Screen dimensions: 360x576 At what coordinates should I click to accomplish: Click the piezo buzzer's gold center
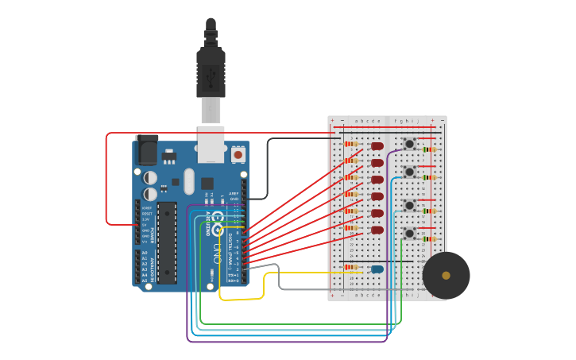click(x=446, y=276)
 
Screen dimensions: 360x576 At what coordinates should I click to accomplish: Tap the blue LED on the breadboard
click(x=377, y=269)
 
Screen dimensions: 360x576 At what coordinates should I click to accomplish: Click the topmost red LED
click(x=377, y=146)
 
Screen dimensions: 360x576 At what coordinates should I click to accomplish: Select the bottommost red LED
click(x=377, y=230)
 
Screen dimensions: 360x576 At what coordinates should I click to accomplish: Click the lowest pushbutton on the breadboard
click(x=409, y=233)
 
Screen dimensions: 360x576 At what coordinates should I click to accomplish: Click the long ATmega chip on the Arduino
click(x=167, y=242)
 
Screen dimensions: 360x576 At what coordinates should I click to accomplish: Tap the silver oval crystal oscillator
click(x=188, y=181)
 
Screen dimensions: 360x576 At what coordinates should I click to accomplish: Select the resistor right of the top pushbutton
click(x=430, y=149)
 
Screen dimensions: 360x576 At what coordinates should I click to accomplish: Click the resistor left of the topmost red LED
click(x=351, y=144)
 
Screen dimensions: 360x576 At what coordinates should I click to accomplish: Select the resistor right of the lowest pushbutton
click(x=430, y=238)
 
